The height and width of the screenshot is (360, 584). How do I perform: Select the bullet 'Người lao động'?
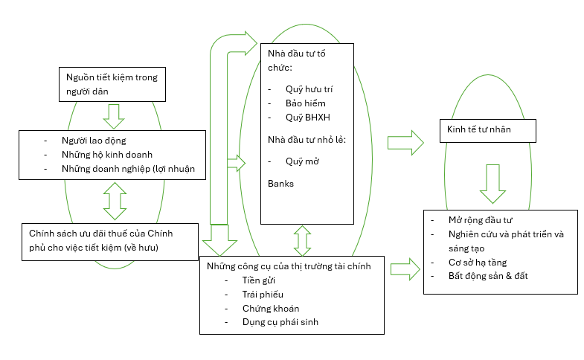point(94,140)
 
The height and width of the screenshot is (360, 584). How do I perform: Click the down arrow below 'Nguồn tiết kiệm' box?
point(114,115)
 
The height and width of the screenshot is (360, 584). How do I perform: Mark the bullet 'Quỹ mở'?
point(301,161)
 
